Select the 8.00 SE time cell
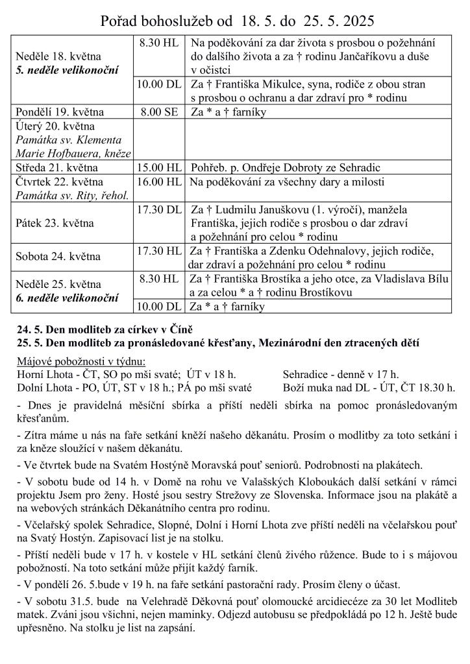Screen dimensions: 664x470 [x=158, y=112]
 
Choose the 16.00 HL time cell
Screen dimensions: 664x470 [x=158, y=182]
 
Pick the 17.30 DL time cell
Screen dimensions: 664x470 [x=158, y=209]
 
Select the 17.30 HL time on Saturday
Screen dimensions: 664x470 [x=158, y=250]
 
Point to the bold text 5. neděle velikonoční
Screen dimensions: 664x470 [x=67, y=69]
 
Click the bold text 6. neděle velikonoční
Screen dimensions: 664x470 [x=67, y=298]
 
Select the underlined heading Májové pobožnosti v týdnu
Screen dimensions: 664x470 [x=81, y=361]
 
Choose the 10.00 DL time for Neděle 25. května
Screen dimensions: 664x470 [x=158, y=307]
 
